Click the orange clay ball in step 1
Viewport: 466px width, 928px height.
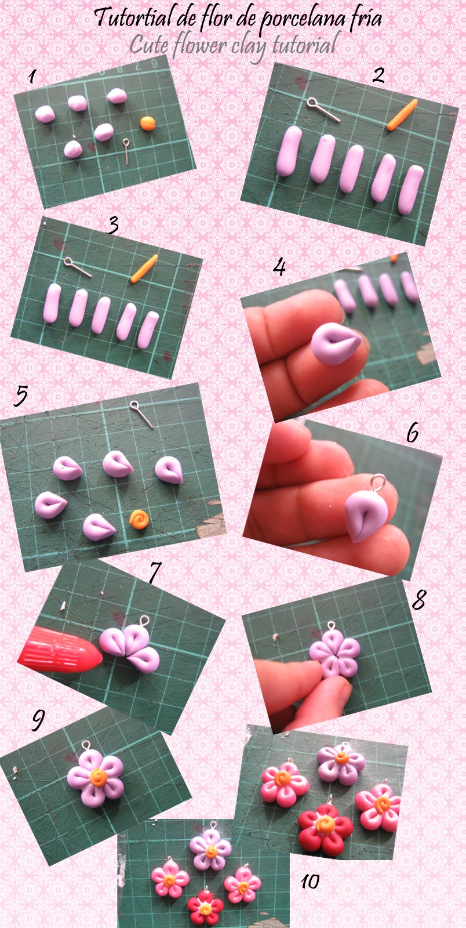148,123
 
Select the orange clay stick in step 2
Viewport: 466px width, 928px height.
402,115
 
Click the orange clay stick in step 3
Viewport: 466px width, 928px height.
144,269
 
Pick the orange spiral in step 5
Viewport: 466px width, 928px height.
139,519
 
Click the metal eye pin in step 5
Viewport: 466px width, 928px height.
142,414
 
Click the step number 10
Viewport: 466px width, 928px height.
310,882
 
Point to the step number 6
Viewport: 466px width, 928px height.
413,432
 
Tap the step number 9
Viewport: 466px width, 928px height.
38,720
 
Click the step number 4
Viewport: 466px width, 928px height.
280,267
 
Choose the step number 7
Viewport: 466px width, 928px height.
154,573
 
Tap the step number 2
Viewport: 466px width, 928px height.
378,75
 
